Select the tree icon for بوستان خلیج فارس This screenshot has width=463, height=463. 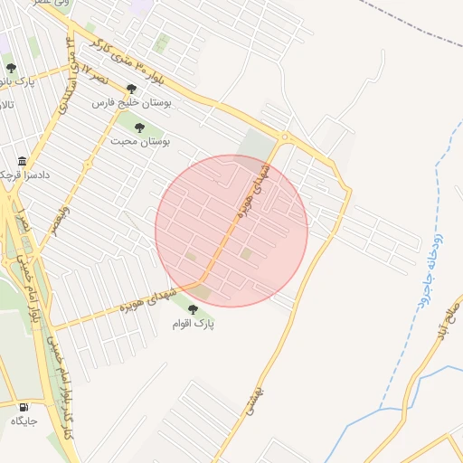click(132, 90)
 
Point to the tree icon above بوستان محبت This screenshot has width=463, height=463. click(139, 128)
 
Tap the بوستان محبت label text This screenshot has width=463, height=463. click(141, 141)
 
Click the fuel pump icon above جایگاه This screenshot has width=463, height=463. click(21, 408)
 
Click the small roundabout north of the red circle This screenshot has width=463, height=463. click(285, 138)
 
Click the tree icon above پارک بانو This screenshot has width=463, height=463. click(11, 68)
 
